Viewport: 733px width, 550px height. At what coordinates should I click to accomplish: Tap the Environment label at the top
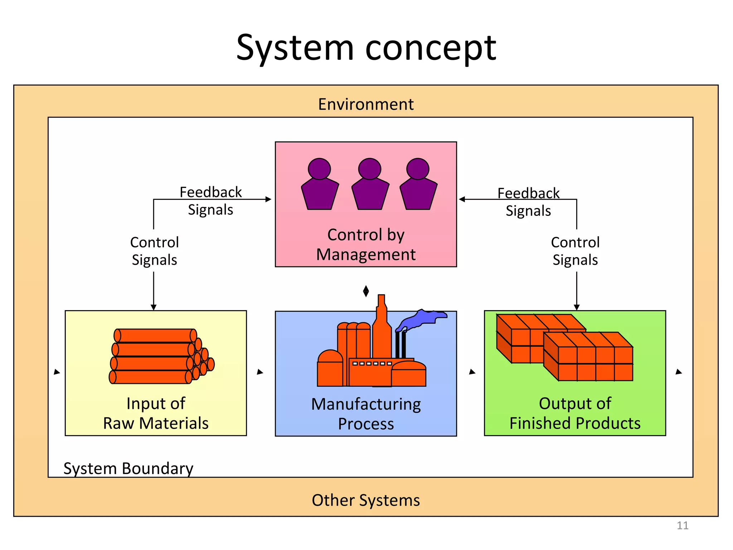[x=366, y=105]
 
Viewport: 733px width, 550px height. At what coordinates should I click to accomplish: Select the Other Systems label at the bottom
[x=366, y=500]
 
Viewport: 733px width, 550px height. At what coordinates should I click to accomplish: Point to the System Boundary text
[x=128, y=468]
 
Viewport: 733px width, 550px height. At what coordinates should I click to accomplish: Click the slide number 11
[x=683, y=525]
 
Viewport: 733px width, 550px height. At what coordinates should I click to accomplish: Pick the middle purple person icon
[x=370, y=184]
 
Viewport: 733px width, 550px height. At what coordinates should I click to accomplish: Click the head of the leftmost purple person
[x=319, y=168]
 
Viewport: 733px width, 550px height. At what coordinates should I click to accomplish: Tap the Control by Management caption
[x=366, y=245]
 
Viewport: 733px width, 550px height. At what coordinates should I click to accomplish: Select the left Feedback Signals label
[x=210, y=201]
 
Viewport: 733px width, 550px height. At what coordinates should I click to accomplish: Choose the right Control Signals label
[x=575, y=251]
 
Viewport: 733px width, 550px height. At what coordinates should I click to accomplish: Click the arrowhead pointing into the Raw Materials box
[x=154, y=307]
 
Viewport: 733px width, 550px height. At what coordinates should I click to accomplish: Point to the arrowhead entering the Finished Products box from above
[x=577, y=307]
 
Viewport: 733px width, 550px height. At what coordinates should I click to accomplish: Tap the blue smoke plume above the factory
[x=422, y=319]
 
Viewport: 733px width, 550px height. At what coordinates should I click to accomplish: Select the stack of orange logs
[x=157, y=356]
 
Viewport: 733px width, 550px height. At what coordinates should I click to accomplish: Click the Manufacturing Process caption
[x=366, y=414]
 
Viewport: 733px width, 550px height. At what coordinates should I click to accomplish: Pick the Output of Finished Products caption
[x=575, y=413]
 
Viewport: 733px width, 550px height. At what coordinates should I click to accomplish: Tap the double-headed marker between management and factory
[x=366, y=291]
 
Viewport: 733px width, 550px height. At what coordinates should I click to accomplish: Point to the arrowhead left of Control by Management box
[x=268, y=199]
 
